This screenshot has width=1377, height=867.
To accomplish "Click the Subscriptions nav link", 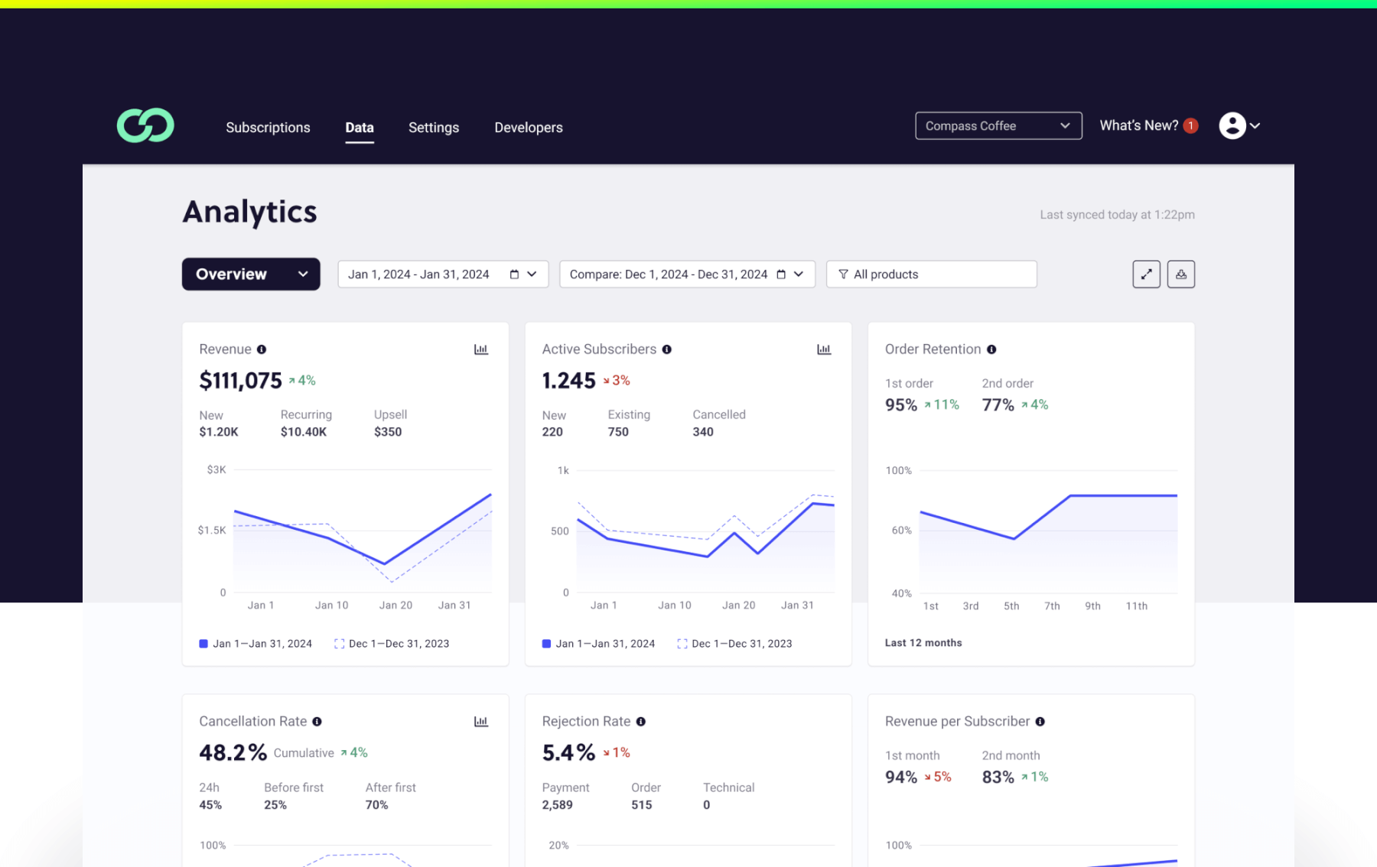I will click(268, 128).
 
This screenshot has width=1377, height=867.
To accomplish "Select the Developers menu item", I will click(528, 128).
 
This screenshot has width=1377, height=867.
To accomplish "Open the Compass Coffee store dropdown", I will click(998, 126).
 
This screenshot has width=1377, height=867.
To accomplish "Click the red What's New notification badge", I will click(1190, 126).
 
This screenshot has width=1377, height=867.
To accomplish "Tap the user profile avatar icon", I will click(1232, 125).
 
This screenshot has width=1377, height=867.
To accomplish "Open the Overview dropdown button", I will click(250, 274).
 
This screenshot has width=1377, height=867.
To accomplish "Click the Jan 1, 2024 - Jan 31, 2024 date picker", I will click(442, 274).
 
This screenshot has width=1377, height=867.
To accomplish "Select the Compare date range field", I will click(686, 274).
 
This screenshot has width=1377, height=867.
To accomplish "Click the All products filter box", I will click(931, 274).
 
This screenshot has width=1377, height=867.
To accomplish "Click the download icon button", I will click(1180, 274).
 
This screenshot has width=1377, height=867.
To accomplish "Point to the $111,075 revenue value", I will click(240, 380).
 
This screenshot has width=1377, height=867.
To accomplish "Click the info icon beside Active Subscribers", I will click(667, 349).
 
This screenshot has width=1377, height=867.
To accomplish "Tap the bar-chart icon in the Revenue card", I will click(481, 349).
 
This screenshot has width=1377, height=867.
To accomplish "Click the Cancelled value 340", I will click(702, 432).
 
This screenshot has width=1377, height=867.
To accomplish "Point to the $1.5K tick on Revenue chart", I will click(212, 530).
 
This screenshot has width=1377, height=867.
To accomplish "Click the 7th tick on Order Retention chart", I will click(1052, 606).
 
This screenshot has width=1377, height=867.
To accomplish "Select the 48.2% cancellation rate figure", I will click(233, 752).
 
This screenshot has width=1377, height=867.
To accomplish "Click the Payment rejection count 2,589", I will click(557, 805).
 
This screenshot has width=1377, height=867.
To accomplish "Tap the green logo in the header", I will click(145, 125).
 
